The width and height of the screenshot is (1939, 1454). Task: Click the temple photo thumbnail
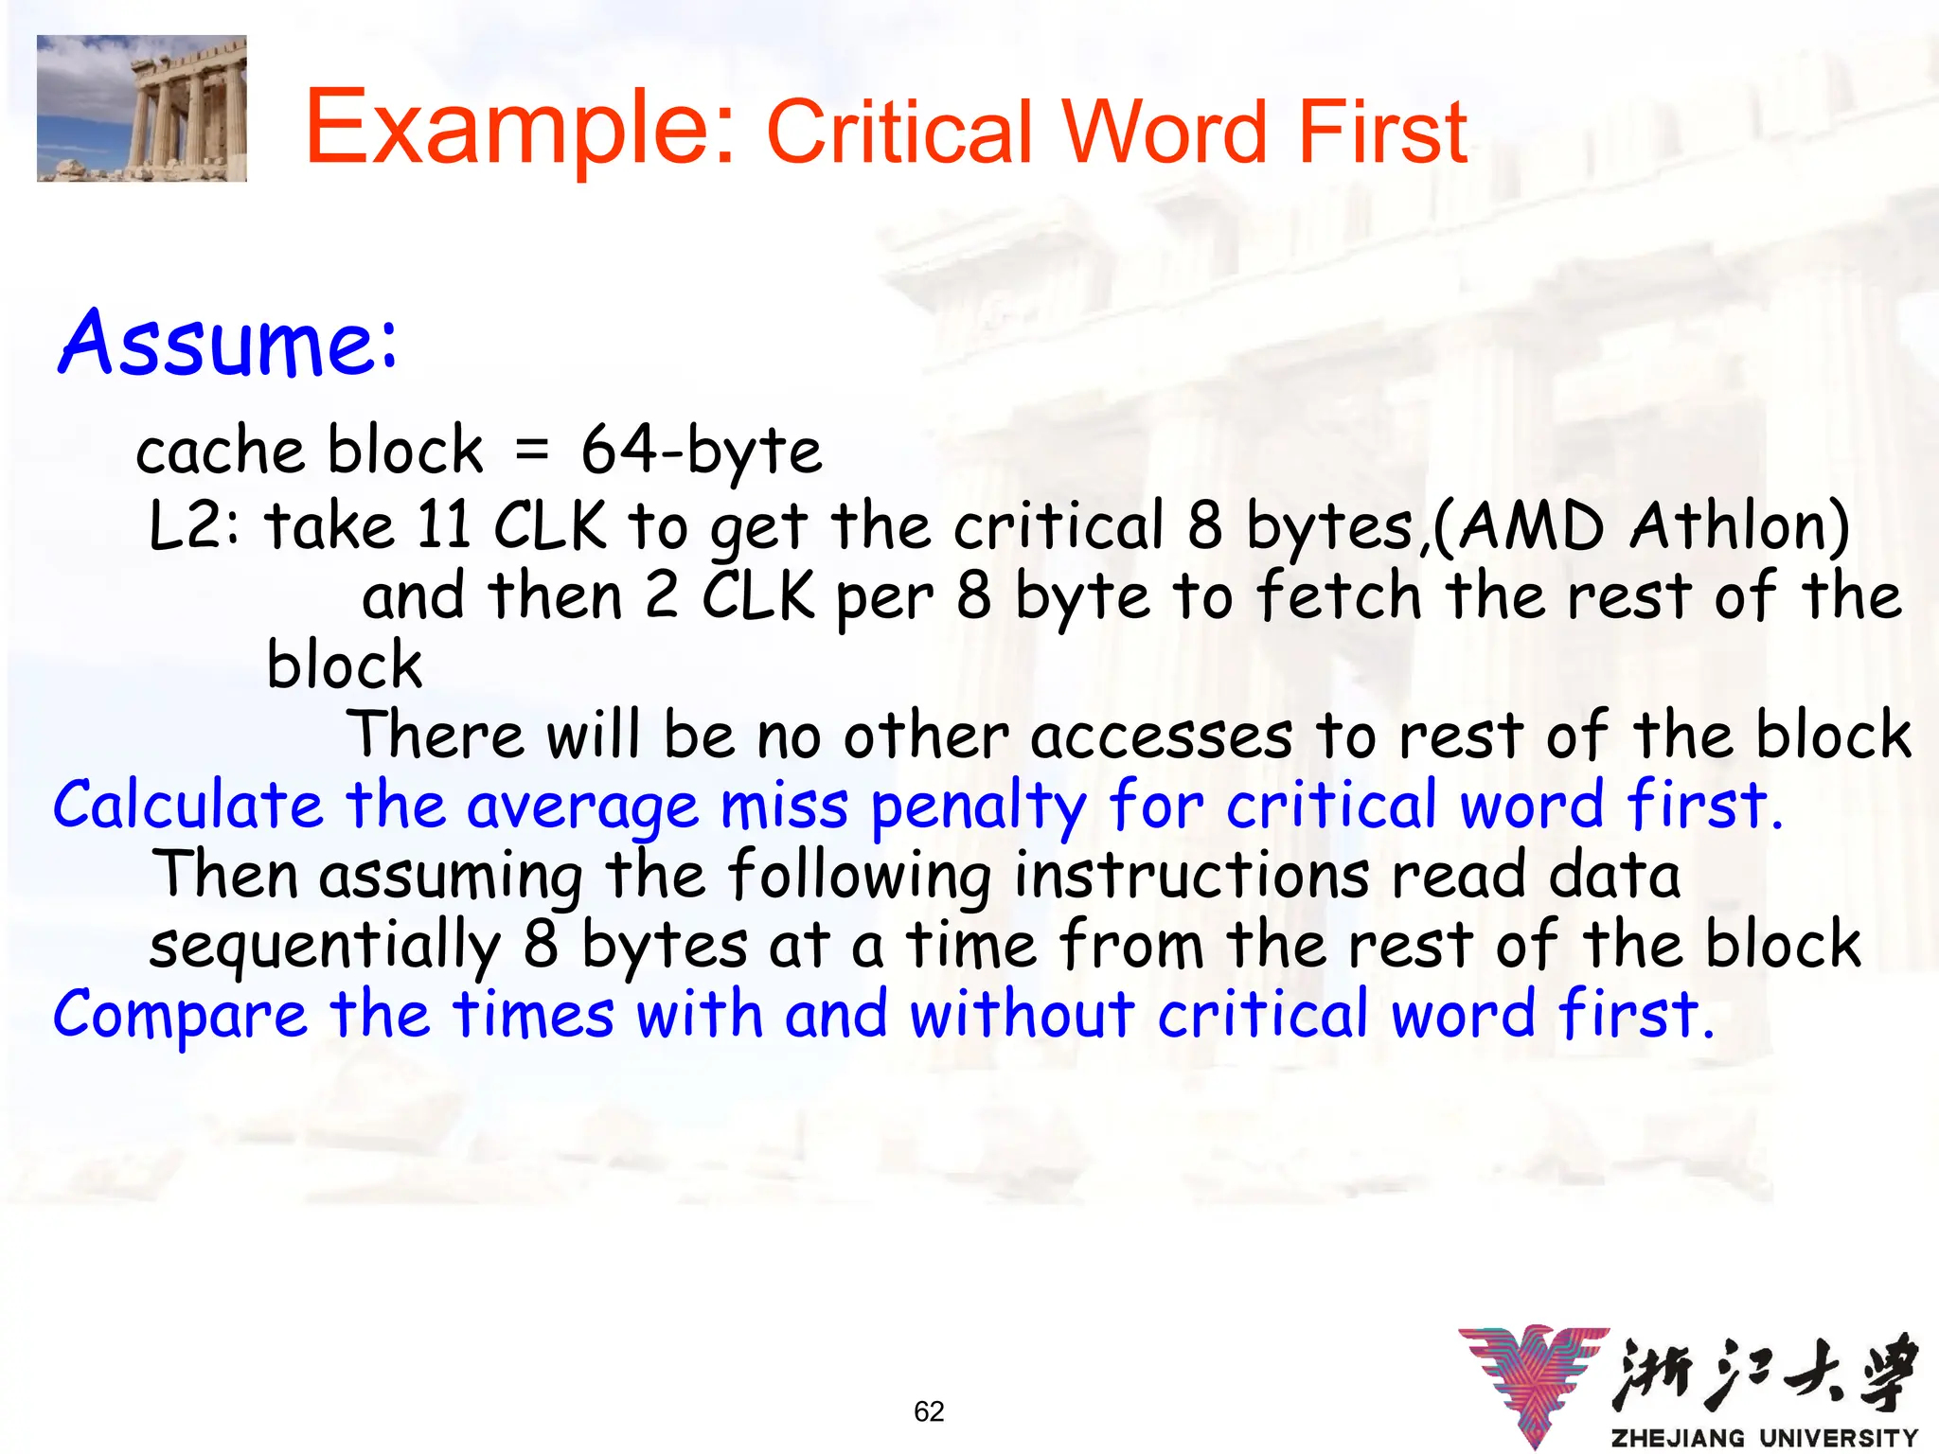[x=142, y=108]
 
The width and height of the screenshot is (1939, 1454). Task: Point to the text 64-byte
[x=702, y=451]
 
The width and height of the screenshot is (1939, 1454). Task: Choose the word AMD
[x=1530, y=525]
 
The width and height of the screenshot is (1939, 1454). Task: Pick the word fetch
[x=1340, y=596]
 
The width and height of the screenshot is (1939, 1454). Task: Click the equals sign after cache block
[x=532, y=451]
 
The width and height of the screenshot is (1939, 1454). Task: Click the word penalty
[x=978, y=807]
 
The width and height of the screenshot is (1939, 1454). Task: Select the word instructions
[x=1191, y=875]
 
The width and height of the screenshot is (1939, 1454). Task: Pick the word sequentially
[x=324, y=946]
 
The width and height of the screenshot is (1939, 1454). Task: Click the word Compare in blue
[x=180, y=1016]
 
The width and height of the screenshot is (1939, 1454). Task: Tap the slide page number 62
[x=929, y=1411]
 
